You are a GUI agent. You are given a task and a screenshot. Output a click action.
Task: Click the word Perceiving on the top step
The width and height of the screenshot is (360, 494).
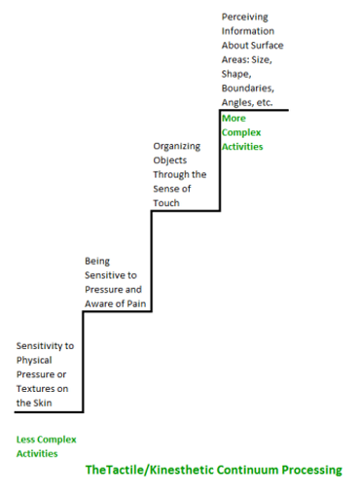coord(244,17)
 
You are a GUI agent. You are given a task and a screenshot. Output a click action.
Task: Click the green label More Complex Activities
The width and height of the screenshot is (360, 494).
coord(242,132)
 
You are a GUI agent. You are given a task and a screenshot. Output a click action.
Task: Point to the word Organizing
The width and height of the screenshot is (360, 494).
coord(177,146)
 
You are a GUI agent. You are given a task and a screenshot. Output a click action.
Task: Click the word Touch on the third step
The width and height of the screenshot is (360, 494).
coord(167,203)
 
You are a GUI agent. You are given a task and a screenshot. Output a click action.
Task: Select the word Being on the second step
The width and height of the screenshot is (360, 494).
coord(98,261)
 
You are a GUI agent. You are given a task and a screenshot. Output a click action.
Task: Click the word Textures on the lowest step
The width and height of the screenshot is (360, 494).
coord(35,388)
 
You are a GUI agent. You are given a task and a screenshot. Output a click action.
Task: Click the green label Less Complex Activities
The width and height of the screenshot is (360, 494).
coord(46,445)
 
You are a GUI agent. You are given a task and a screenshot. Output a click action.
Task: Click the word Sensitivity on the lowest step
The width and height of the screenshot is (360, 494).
coord(45,345)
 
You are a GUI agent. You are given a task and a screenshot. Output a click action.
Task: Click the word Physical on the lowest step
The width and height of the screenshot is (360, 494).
coord(36,360)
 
